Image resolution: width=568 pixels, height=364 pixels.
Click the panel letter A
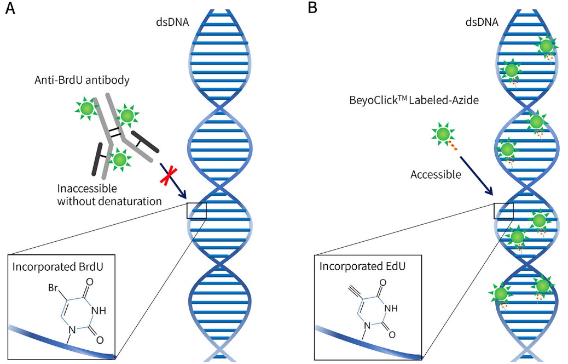point(9,9)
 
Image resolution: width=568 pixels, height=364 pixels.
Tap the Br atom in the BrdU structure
point(53,287)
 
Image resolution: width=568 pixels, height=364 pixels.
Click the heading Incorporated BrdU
point(59,269)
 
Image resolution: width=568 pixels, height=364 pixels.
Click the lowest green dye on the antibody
point(120,160)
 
